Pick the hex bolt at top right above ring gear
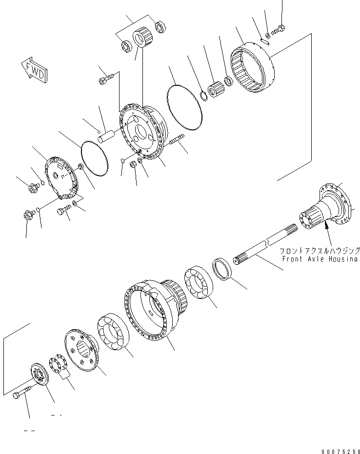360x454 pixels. pos(279,30)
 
